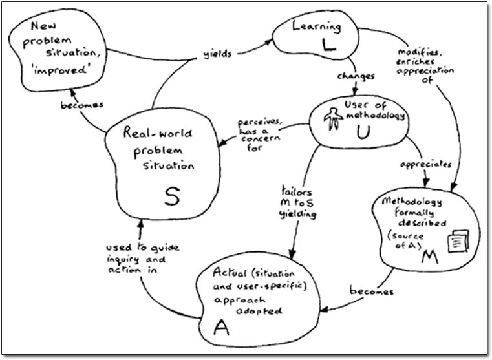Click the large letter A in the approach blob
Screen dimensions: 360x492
221,328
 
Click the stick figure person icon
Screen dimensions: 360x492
332,117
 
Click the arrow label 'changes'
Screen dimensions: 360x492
356,76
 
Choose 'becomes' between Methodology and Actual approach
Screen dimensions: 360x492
371,291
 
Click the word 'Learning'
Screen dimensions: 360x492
316,27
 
